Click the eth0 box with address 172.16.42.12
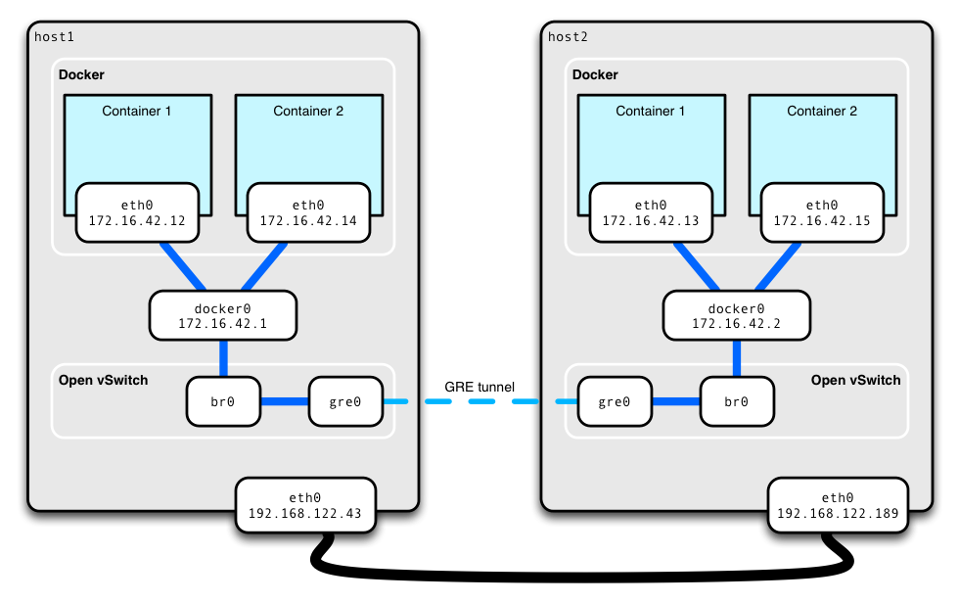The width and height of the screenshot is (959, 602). click(x=137, y=213)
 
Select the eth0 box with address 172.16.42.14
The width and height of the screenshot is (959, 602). click(x=308, y=213)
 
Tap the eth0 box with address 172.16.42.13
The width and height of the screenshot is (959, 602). click(x=651, y=213)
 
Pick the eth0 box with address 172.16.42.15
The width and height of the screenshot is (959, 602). click(x=822, y=213)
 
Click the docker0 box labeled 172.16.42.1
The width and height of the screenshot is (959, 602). click(x=223, y=315)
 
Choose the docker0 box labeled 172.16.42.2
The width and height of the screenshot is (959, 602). click(x=737, y=315)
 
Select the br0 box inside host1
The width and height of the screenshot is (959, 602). click(x=223, y=401)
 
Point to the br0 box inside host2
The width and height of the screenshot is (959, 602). click(x=737, y=401)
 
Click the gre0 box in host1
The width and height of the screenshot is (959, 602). click(x=345, y=401)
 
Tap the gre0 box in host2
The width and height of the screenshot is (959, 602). click(x=615, y=401)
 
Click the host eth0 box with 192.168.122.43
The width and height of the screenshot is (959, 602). click(x=305, y=505)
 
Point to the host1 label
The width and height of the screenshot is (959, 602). click(x=54, y=37)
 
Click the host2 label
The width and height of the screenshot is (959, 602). click(x=568, y=37)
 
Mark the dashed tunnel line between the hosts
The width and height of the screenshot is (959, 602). click(x=479, y=401)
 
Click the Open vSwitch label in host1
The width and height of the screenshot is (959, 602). click(x=103, y=380)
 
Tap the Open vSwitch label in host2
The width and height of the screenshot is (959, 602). click(x=855, y=380)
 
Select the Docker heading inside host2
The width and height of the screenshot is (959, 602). click(x=595, y=74)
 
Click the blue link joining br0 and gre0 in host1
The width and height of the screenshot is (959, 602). click(x=285, y=401)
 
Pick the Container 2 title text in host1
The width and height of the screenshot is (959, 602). click(x=308, y=111)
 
